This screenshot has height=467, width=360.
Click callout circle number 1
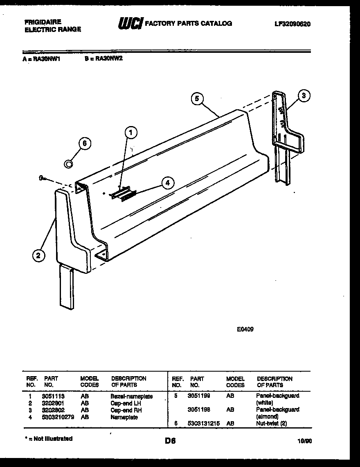click(x=130, y=132)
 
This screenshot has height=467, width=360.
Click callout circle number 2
click(x=38, y=256)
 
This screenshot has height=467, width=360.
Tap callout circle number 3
click(x=303, y=96)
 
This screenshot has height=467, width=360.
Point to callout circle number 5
click(x=197, y=99)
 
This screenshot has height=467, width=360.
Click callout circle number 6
click(x=84, y=144)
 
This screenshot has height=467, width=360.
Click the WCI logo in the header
click(x=130, y=24)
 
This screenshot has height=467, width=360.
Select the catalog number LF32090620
click(x=292, y=24)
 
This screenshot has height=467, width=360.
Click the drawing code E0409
click(x=245, y=328)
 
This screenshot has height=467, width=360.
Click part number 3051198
click(x=198, y=409)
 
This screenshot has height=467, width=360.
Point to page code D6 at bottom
click(x=170, y=441)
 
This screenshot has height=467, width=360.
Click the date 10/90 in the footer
click(x=305, y=441)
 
